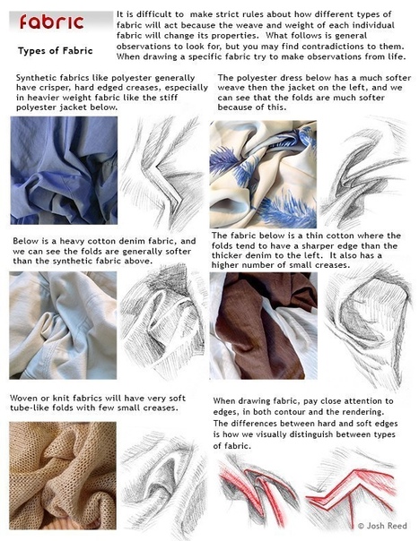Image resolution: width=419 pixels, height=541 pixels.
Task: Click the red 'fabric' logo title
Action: [52, 22]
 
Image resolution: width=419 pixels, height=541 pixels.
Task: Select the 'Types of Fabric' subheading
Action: [56, 51]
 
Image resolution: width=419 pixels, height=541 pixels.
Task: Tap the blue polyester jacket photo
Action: [64, 170]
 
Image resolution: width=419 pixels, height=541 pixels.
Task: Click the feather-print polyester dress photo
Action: [263, 174]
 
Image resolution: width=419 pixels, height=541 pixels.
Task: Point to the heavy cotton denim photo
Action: [63, 325]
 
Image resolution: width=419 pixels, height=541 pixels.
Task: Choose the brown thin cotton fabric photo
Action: [264, 326]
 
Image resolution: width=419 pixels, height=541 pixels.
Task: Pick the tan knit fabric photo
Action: [63, 476]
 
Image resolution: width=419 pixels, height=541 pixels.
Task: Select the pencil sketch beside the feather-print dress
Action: [365, 173]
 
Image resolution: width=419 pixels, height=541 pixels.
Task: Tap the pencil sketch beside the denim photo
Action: [163, 322]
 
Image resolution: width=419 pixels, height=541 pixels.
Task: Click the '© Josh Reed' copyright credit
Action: [382, 526]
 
